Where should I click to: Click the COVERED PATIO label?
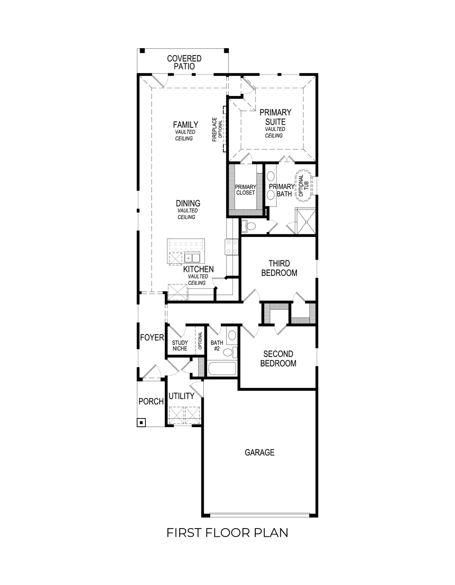click(x=184, y=62)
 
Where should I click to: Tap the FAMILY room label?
click(x=185, y=125)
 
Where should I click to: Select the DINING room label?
click(x=188, y=203)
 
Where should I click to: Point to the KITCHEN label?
click(x=198, y=269)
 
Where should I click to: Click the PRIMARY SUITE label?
click(x=275, y=117)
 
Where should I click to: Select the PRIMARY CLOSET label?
click(x=245, y=190)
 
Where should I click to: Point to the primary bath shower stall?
click(x=305, y=221)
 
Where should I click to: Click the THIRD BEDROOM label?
click(x=279, y=268)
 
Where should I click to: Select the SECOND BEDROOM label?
click(x=278, y=358)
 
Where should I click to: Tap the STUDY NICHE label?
click(x=180, y=346)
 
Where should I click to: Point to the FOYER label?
click(x=152, y=338)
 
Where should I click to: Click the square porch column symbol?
click(x=142, y=423)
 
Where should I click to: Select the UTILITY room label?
click(x=182, y=396)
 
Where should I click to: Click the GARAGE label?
click(x=259, y=452)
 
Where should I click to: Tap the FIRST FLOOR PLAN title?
click(x=227, y=533)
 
